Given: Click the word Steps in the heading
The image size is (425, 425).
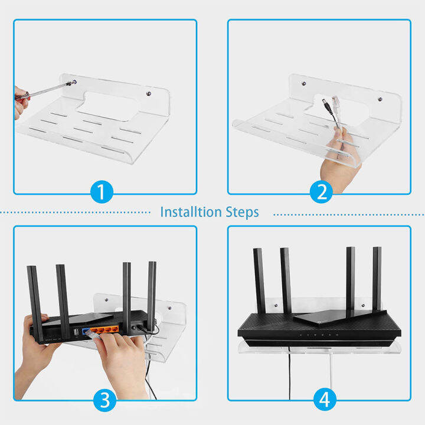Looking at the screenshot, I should click(x=240, y=212).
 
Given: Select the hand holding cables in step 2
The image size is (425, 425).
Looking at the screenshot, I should click(x=339, y=156).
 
